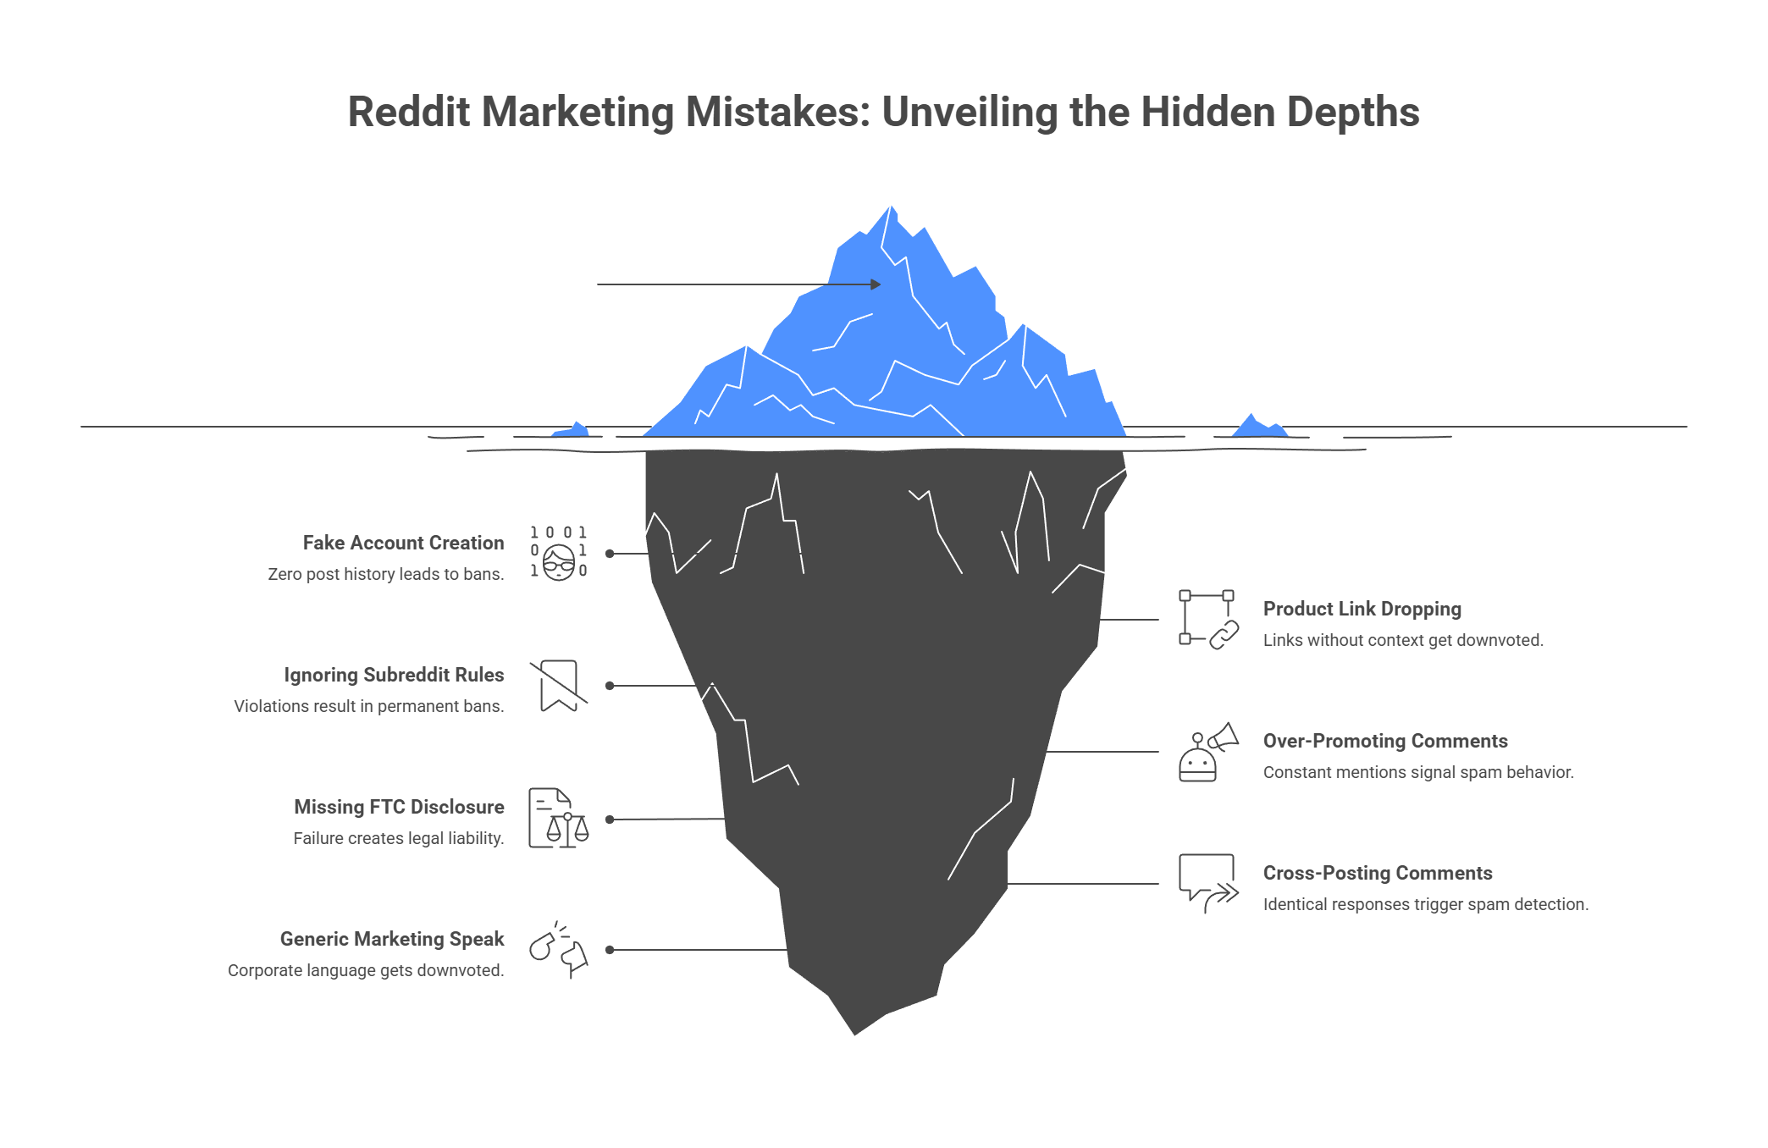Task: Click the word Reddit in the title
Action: [x=407, y=113]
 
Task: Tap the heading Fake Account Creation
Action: [x=403, y=543]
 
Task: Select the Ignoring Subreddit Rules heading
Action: [x=394, y=675]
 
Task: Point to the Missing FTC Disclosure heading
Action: [x=399, y=807]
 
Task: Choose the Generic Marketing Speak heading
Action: [x=392, y=939]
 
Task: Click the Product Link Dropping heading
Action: [x=1362, y=609]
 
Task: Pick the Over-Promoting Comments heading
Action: [x=1385, y=741]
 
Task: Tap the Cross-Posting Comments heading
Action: [x=1377, y=873]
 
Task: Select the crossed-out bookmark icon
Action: [x=559, y=685]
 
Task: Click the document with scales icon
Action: [x=559, y=818]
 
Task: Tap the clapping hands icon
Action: [x=559, y=950]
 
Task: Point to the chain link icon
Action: [x=1208, y=620]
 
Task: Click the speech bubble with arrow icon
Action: [x=1208, y=884]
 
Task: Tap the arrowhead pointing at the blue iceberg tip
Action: [x=876, y=284]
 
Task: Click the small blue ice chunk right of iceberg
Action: [x=1258, y=426]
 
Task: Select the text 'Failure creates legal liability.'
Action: [x=398, y=838]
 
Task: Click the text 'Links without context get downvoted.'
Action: [x=1403, y=640]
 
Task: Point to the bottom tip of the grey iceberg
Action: [x=854, y=1033]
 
